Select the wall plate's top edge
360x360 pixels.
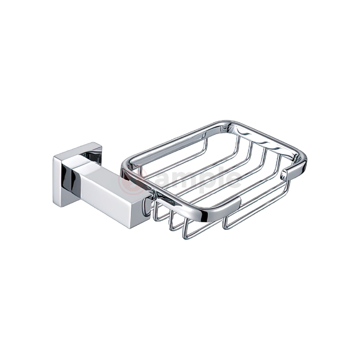[x=77, y=148]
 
